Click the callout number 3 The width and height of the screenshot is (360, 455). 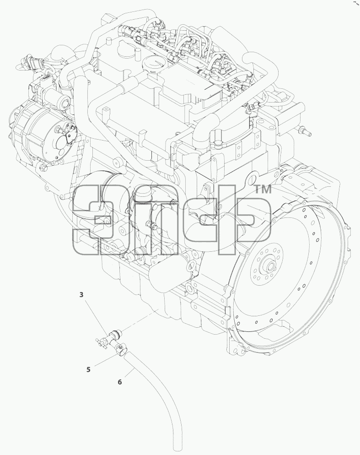click(81, 295)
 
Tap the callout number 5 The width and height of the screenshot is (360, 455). click(88, 369)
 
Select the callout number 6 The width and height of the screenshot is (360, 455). click(120, 382)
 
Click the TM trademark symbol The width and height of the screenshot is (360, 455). click(263, 190)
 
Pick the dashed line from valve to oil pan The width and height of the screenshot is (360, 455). click(139, 320)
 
